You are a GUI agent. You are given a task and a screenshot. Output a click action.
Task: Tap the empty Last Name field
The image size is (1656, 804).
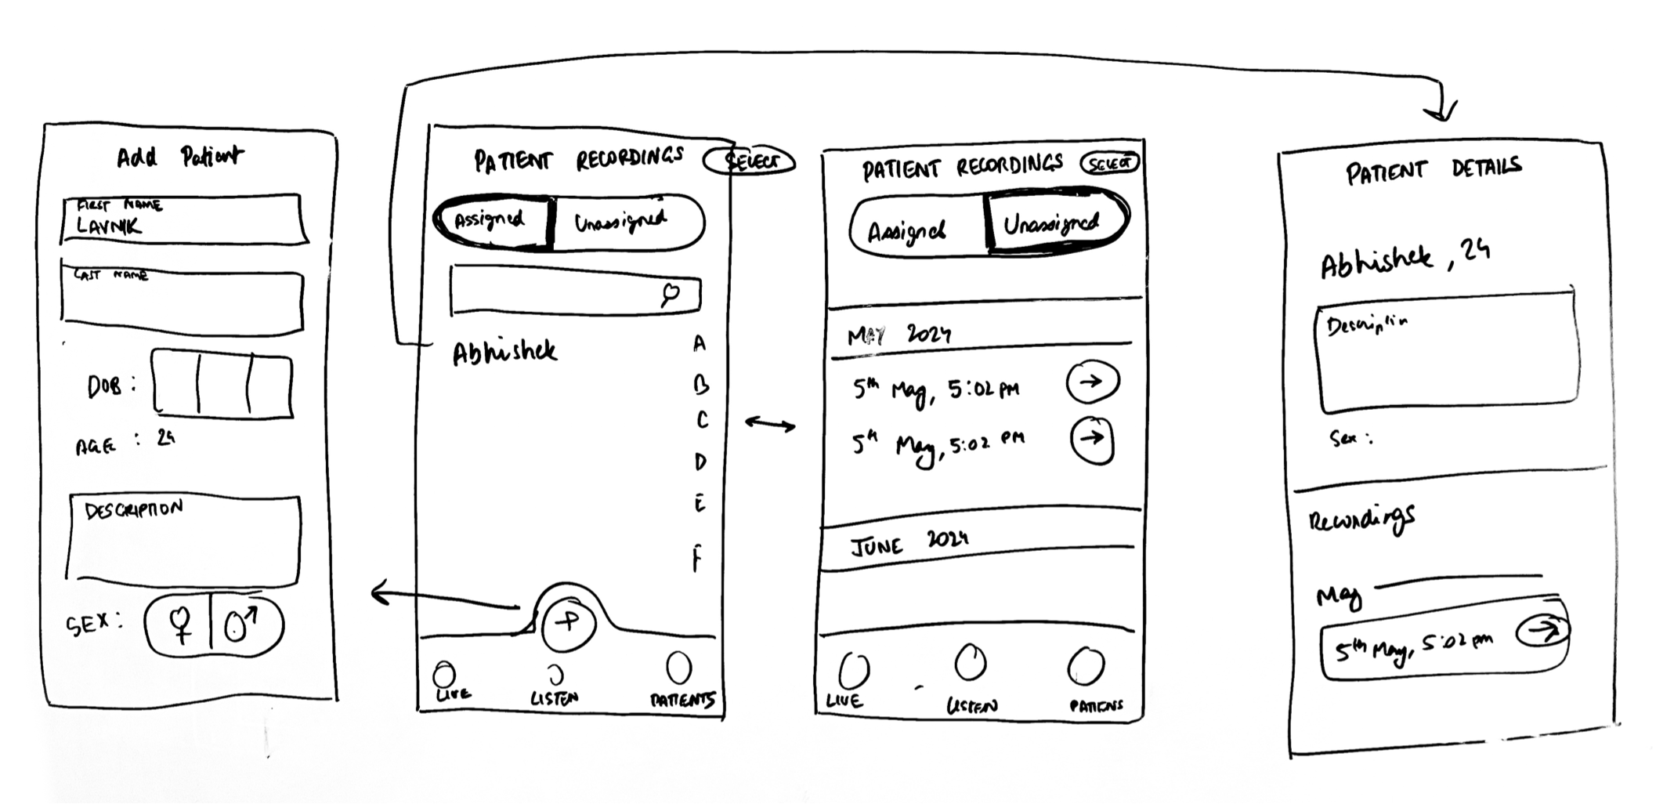(x=182, y=302)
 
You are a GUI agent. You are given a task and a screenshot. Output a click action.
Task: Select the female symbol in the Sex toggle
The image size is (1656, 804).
(x=180, y=625)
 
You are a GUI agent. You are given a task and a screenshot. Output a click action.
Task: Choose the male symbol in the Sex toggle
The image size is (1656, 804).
(x=243, y=625)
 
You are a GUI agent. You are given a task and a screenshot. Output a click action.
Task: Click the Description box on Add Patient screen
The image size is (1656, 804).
(x=184, y=541)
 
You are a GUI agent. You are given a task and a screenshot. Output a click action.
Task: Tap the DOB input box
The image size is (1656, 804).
(x=222, y=386)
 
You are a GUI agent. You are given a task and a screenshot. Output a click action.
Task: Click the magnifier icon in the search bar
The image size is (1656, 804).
(x=671, y=295)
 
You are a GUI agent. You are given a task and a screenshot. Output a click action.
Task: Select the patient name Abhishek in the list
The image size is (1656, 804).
(x=504, y=353)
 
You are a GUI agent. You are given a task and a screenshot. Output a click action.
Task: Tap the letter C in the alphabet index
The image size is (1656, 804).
(x=702, y=421)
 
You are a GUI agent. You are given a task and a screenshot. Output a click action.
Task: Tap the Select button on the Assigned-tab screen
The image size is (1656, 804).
(x=750, y=161)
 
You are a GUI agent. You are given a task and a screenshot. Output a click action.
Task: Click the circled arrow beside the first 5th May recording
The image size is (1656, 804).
(x=1092, y=382)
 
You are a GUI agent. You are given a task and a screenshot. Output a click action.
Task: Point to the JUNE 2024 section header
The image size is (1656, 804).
(x=909, y=543)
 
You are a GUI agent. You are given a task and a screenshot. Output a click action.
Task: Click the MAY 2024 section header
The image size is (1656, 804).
(x=899, y=335)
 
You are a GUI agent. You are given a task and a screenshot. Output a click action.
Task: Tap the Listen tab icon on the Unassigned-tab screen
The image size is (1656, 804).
(x=970, y=665)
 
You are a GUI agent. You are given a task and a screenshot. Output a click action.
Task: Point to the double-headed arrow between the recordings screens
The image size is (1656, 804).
(x=769, y=425)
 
